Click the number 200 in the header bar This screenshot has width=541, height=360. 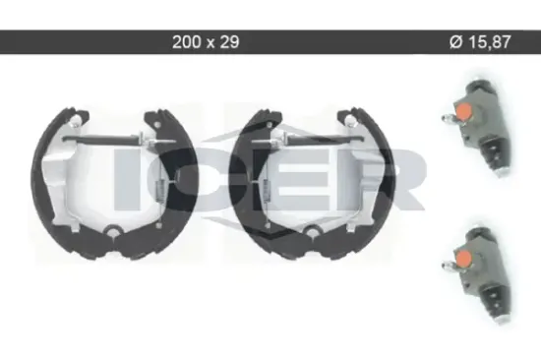pyautogui.click(x=186, y=42)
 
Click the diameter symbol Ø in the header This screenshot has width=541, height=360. pyautogui.click(x=455, y=42)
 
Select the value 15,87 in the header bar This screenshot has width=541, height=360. pyautogui.click(x=490, y=42)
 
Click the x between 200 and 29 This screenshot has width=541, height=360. pyautogui.click(x=210, y=43)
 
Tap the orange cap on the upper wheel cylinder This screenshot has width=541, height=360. pyautogui.click(x=463, y=111)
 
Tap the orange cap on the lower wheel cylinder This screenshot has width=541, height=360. pyautogui.click(x=463, y=259)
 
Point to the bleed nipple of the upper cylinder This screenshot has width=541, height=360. pyautogui.click(x=448, y=119)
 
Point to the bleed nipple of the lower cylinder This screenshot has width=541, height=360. pyautogui.click(x=448, y=267)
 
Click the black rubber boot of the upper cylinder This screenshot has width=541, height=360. pyautogui.click(x=495, y=155)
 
